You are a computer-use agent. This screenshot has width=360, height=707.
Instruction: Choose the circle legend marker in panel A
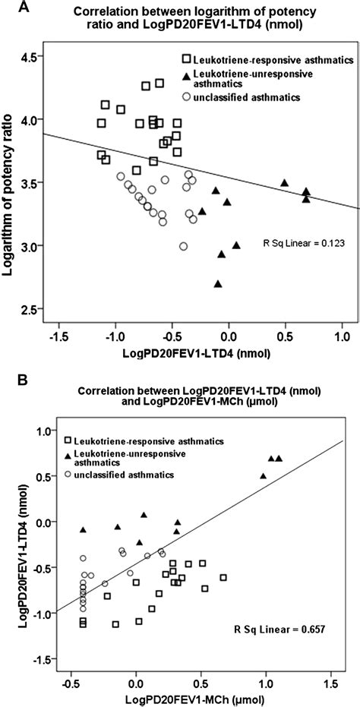point(186,97)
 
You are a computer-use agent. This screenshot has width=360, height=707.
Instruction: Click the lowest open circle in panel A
point(183,246)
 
